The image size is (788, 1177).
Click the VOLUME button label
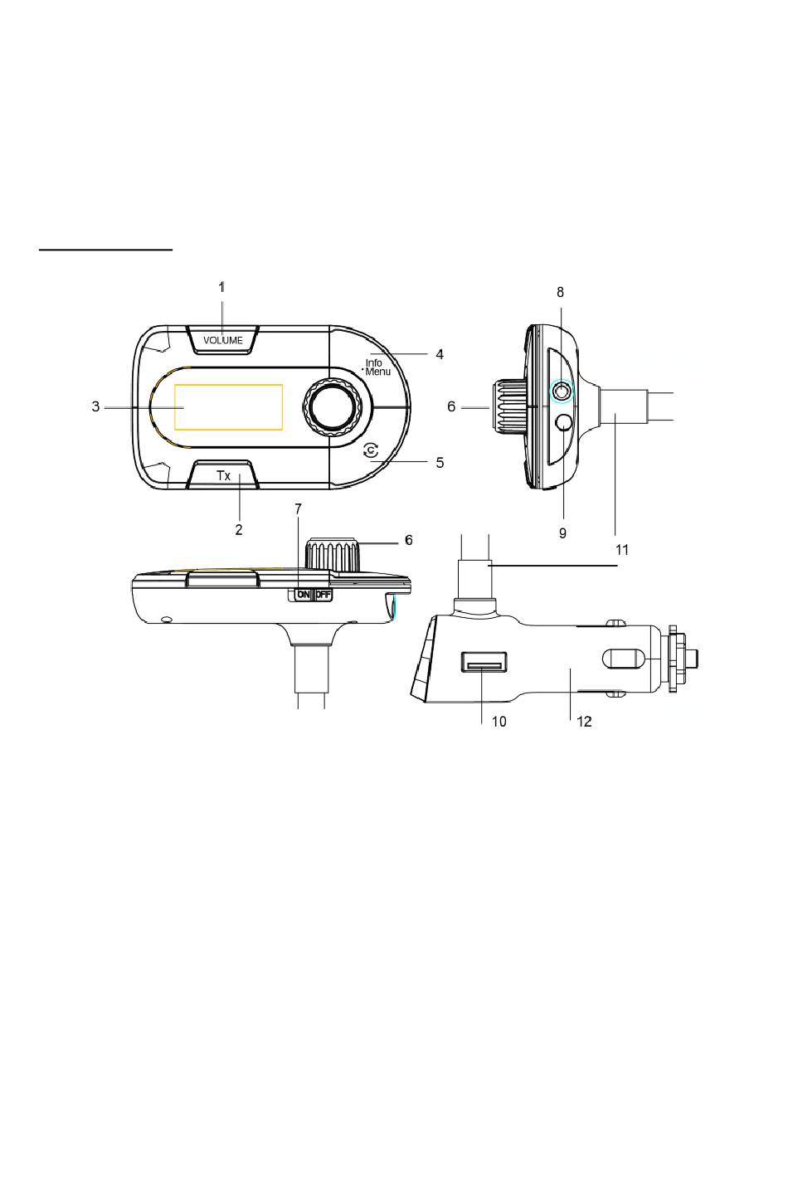[x=223, y=340]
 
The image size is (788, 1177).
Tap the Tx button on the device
[x=223, y=475]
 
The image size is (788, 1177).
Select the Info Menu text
[x=377, y=367]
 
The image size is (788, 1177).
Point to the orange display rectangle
[x=229, y=406]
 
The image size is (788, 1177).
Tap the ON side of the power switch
[x=304, y=595]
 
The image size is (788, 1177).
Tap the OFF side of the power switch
[x=323, y=595]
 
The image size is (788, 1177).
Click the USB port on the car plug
[x=484, y=662]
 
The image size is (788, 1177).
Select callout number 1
[x=221, y=287]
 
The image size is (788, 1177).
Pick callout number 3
[x=95, y=406]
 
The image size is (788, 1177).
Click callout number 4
[x=440, y=354]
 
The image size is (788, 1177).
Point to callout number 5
[x=440, y=462]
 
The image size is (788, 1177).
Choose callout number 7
[x=299, y=508]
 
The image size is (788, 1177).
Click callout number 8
[x=561, y=292]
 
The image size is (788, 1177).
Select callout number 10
[x=499, y=722]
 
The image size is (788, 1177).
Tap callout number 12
[x=584, y=722]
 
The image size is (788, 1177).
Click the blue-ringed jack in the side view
[x=562, y=391]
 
